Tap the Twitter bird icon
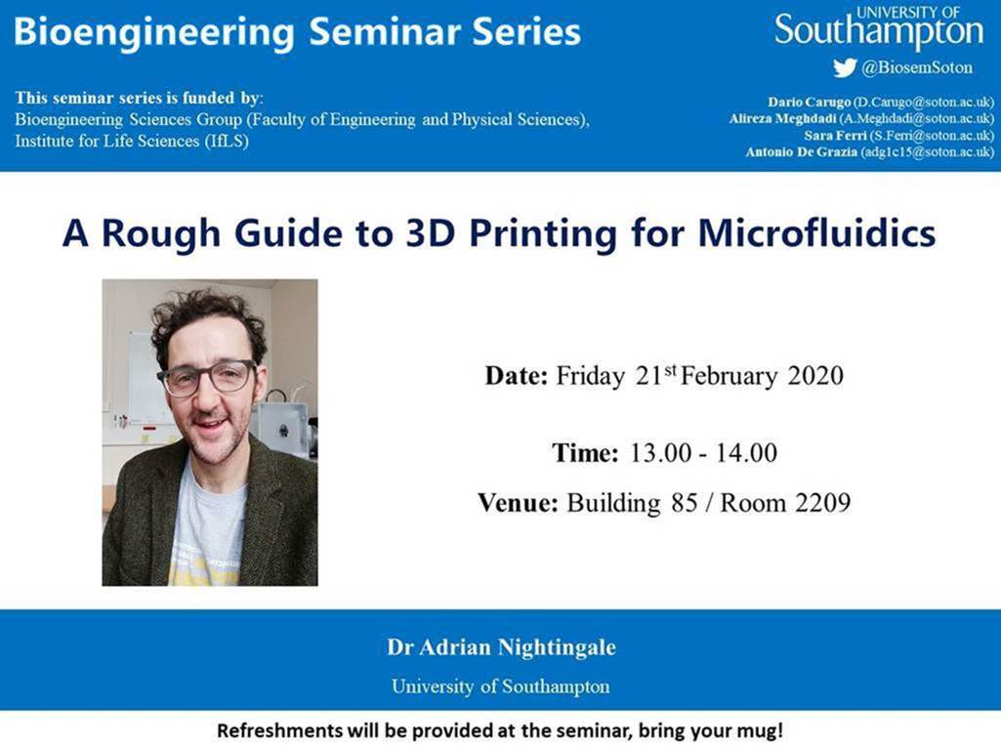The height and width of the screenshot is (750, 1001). coord(844,68)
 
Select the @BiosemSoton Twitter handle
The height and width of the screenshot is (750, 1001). coord(915,68)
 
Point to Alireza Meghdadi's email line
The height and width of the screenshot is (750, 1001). coord(860,119)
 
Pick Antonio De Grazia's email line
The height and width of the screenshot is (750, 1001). coord(869,152)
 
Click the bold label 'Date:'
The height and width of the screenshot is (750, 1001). coord(517,376)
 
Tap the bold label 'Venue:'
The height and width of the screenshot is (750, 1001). coord(518,504)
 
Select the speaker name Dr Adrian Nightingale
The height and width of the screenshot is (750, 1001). coord(501,647)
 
